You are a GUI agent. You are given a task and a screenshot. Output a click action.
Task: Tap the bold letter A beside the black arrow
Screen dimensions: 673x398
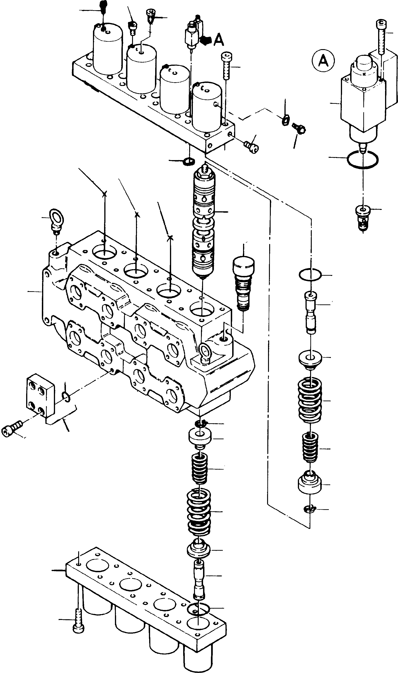[219, 40]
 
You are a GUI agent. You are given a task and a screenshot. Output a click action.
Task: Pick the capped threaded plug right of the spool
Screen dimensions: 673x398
[244, 283]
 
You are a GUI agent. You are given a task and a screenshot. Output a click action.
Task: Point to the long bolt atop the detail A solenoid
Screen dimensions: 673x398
[381, 36]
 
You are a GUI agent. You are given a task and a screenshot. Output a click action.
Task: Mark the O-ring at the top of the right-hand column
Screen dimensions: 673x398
[310, 275]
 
